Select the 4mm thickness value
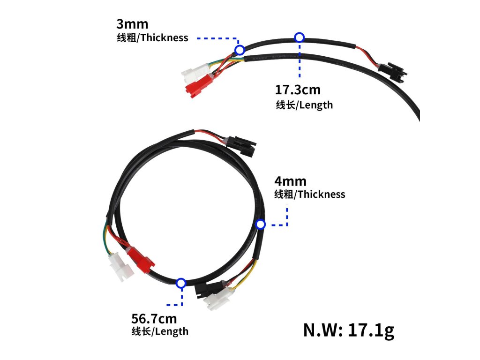point(290,181)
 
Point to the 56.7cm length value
point(154,319)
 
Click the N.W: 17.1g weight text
point(349,330)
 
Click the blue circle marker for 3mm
point(240,50)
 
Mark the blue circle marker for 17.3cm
point(300,37)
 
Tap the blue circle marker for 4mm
point(261,225)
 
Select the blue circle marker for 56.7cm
point(181,283)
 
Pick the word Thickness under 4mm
point(321,194)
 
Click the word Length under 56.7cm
point(172,331)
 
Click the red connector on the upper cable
point(197,86)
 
